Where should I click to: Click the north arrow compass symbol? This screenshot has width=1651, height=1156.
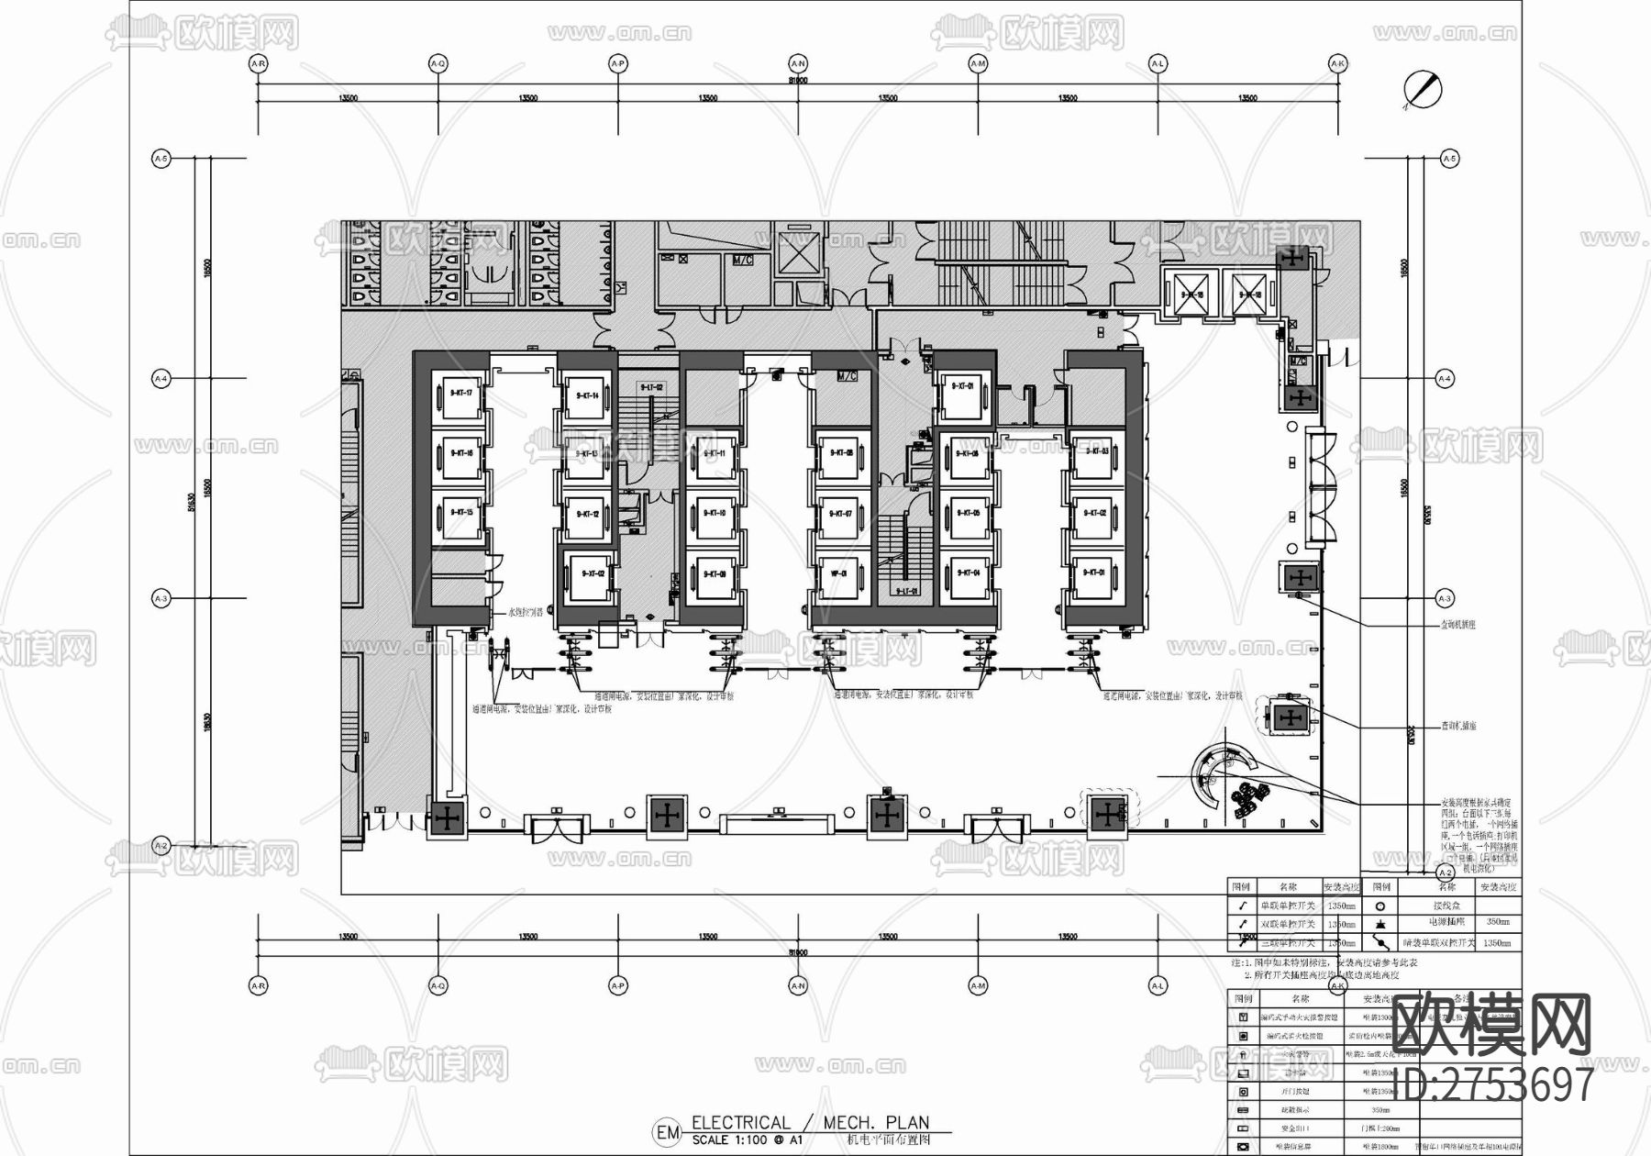[x=1423, y=90]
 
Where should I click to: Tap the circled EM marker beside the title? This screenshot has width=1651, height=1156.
[x=667, y=1132]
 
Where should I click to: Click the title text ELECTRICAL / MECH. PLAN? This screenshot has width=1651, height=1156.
[x=810, y=1122]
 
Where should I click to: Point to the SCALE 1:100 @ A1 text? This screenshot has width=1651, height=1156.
[x=748, y=1139]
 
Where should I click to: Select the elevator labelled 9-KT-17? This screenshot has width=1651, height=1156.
[x=460, y=395]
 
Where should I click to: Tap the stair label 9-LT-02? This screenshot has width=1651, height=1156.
[x=651, y=388]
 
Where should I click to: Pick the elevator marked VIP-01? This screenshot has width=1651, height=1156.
[x=839, y=574]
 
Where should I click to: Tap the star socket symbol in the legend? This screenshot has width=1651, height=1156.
[x=1380, y=923]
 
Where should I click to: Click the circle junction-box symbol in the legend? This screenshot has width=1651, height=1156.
[x=1380, y=906]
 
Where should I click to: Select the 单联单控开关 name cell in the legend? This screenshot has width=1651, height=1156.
[x=1287, y=906]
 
